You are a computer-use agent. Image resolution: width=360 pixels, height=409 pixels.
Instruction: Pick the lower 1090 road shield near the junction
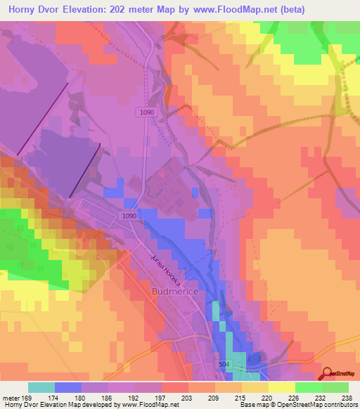128,216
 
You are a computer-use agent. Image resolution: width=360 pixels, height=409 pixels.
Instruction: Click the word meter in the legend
12,398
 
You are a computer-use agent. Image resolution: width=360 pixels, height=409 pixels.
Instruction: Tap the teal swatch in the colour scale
41,387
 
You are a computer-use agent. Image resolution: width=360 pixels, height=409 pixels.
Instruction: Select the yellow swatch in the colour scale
281,387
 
